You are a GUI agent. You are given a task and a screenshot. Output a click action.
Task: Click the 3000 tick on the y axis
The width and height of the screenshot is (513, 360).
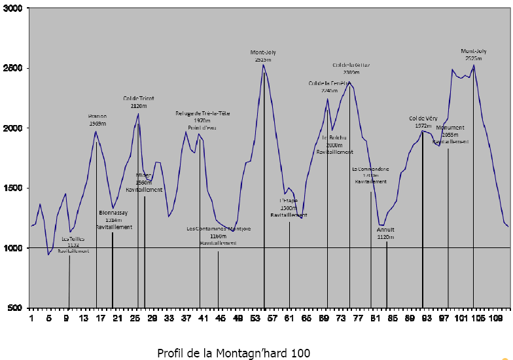(13, 9)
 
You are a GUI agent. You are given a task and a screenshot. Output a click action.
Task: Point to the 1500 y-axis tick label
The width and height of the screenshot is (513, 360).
(13, 189)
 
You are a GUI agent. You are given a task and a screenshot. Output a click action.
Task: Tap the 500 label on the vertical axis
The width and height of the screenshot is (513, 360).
(16, 308)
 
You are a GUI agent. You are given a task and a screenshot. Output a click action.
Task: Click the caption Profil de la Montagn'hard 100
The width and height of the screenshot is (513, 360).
(234, 353)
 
